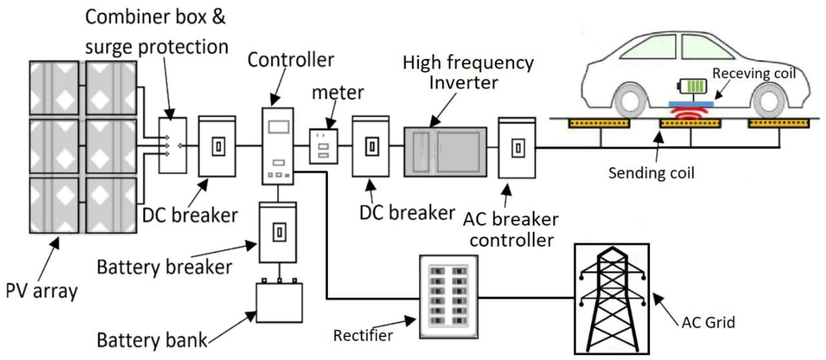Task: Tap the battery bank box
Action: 279,303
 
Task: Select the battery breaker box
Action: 278,232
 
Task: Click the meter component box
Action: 324,147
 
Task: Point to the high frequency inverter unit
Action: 445,152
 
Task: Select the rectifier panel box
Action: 449,297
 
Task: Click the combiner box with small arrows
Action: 173,145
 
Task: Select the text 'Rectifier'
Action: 363,336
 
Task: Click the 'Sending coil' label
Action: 651,173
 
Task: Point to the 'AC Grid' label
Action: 708,322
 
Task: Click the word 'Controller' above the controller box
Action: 291,60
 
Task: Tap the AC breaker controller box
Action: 517,148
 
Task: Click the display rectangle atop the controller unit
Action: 278,127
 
